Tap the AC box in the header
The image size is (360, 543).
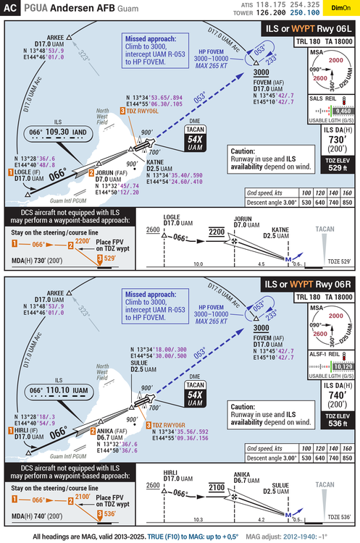(x=12, y=9)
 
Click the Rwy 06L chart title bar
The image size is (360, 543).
(x=309, y=28)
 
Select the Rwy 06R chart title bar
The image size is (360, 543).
(x=309, y=285)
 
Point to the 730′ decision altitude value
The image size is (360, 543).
(x=337, y=139)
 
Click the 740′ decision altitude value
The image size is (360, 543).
(x=337, y=395)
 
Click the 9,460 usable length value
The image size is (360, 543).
(x=342, y=111)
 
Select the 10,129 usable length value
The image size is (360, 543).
(x=342, y=367)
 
